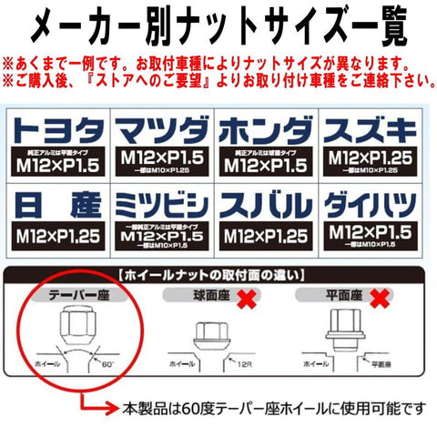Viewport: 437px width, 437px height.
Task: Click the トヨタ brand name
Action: (x=60, y=126)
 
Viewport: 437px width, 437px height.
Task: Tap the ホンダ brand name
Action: (x=263, y=126)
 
